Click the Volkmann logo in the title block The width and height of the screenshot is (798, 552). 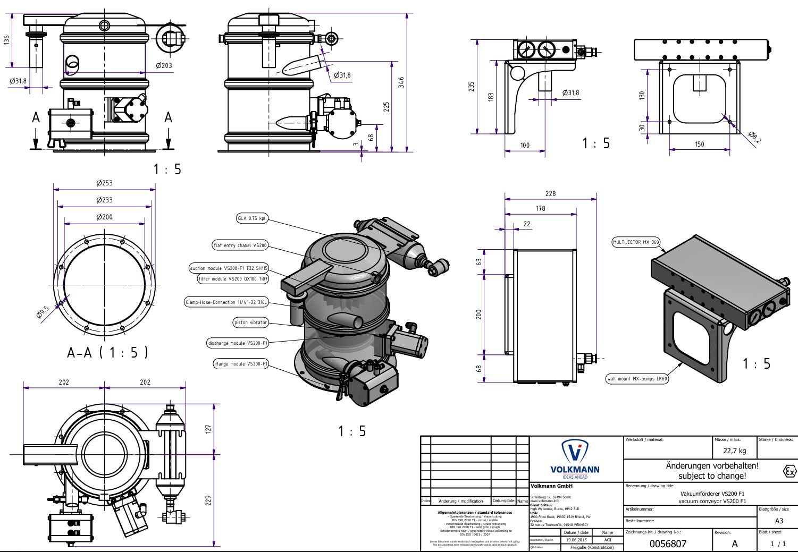pos(575,458)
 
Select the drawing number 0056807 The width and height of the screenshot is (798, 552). pos(668,543)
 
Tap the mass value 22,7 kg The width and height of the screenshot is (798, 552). pos(735,451)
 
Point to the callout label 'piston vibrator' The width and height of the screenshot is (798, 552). pos(251,322)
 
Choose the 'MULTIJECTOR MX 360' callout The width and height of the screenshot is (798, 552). pos(636,242)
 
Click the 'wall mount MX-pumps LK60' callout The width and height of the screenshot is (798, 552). pos(637,379)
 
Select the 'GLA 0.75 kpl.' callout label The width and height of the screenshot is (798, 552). pos(252,218)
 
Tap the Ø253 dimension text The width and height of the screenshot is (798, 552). pos(105,183)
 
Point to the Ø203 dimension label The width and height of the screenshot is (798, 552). pos(164,65)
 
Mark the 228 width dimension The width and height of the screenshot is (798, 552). pos(550,193)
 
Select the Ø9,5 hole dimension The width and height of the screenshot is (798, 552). pos(43,311)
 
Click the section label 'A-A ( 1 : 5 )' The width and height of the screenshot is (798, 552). pos(107,352)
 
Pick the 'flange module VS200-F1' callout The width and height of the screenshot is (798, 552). pos(241,364)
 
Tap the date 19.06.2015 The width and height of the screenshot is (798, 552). pos(576,540)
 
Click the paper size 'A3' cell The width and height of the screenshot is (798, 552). pos(779,521)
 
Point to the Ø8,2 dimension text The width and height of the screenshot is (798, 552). pos(754,137)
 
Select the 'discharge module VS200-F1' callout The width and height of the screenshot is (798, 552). pos(238,343)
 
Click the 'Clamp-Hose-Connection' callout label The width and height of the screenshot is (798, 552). pos(226,302)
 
